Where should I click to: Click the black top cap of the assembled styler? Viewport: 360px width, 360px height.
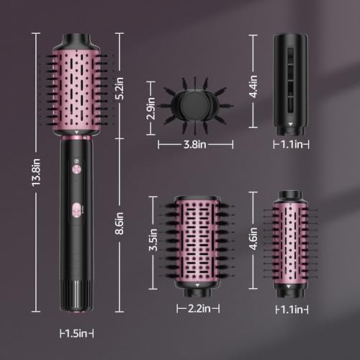click(x=76, y=39)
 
